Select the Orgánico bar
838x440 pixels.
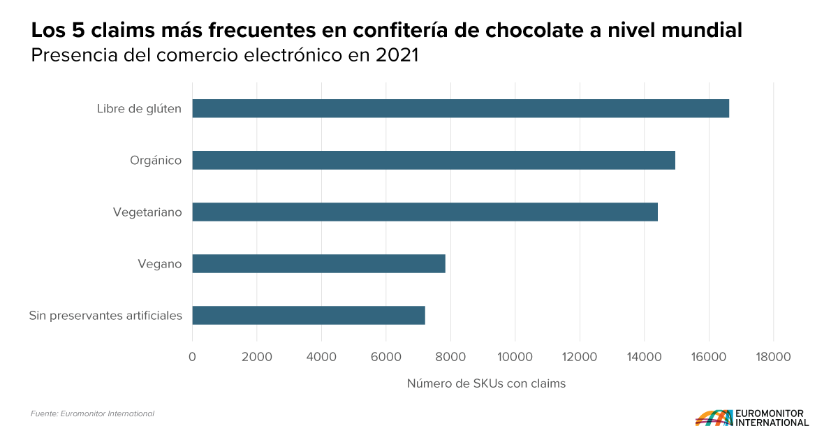(434, 160)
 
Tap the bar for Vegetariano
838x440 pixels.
(425, 212)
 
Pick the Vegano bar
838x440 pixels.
(318, 263)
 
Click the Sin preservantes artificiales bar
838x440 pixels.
(309, 315)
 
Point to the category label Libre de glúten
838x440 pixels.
(139, 108)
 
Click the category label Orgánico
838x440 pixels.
(155, 160)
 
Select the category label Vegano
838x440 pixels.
(159, 263)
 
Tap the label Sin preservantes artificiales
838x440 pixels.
(105, 315)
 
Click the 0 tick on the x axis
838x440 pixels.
(192, 357)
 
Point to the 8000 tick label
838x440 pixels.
(450, 357)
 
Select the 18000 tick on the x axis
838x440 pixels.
(773, 357)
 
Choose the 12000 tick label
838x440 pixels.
(580, 357)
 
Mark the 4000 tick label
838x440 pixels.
(321, 357)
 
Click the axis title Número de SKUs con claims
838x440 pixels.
(486, 383)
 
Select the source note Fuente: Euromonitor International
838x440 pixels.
(92, 413)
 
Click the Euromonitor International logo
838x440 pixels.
(751, 418)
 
